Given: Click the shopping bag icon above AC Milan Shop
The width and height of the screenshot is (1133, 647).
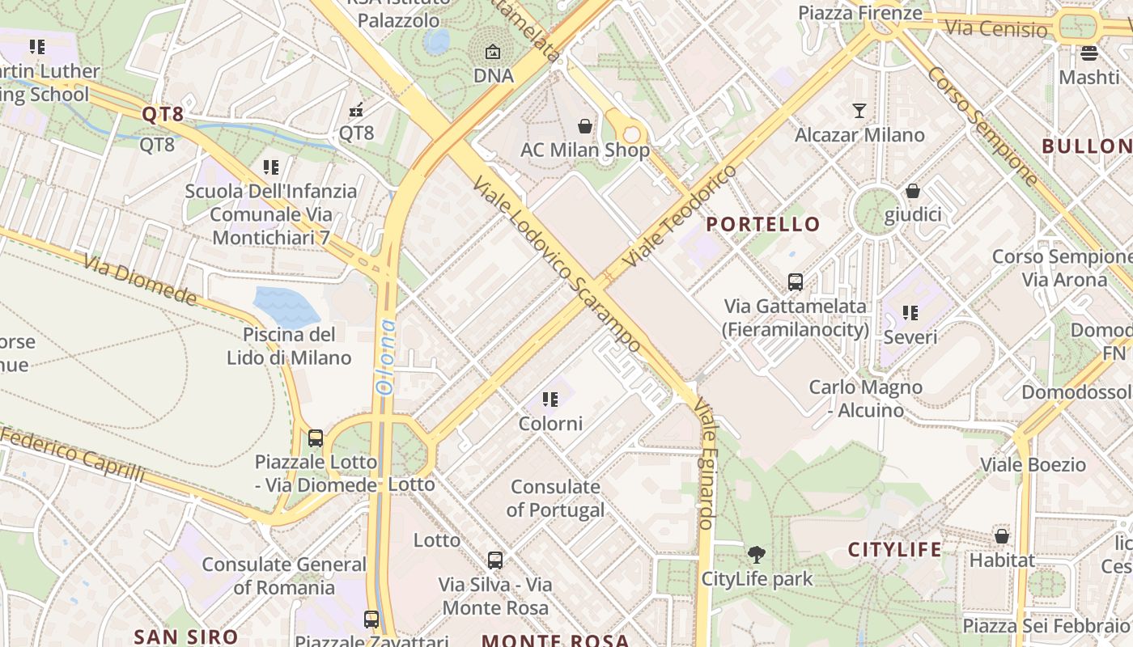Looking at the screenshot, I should click(x=585, y=126).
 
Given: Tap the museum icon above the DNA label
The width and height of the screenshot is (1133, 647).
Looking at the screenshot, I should click(x=493, y=53).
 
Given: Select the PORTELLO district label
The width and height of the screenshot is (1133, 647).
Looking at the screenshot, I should click(x=763, y=224).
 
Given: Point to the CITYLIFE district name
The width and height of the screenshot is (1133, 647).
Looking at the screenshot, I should click(x=895, y=550).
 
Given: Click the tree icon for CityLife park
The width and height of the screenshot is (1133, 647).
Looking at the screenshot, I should click(x=757, y=555).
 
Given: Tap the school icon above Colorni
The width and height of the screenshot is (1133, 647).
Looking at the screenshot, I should click(x=550, y=400).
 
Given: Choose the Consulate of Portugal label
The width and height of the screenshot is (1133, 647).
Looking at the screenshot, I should click(x=555, y=498).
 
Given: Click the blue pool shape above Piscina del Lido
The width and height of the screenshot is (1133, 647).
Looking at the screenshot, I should click(x=286, y=306).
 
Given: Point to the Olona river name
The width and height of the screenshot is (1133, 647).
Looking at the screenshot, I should click(x=386, y=357).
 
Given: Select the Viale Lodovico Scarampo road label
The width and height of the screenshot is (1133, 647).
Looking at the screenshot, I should click(x=558, y=264).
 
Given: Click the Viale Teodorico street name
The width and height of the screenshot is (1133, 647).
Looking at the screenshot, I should click(x=681, y=217).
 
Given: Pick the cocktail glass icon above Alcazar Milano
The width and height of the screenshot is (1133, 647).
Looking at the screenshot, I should click(x=859, y=111).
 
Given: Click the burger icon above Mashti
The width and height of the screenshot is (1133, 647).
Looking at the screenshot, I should click(x=1088, y=53).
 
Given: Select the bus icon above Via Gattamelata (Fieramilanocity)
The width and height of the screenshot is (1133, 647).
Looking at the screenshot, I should click(x=796, y=282).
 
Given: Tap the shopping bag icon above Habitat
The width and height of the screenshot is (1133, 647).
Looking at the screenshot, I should click(x=1002, y=535).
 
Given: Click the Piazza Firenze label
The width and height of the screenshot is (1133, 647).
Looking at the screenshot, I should click(x=859, y=13).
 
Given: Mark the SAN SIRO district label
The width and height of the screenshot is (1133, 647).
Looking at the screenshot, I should click(x=186, y=636).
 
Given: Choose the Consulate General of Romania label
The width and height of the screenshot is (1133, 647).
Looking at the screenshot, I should click(x=284, y=576).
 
